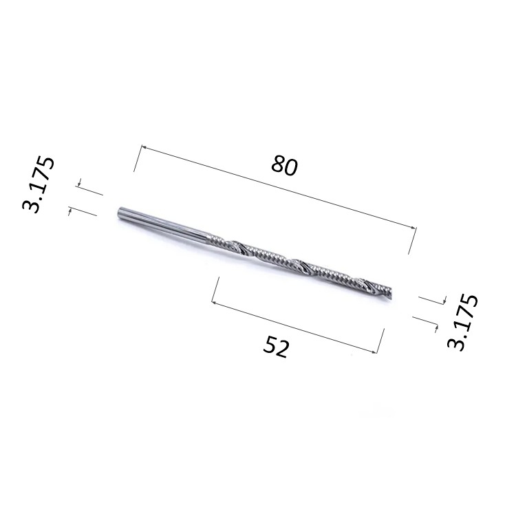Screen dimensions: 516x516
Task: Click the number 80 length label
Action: click(x=285, y=166)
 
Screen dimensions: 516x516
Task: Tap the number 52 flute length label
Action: click(x=277, y=346)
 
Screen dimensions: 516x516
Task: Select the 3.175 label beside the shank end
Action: click(x=38, y=184)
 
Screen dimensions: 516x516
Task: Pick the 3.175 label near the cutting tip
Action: click(x=462, y=321)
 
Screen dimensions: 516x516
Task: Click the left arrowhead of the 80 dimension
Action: click(x=144, y=147)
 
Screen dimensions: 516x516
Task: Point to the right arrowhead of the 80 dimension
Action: click(x=413, y=227)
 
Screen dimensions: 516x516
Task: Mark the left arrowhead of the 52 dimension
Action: click(x=214, y=303)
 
